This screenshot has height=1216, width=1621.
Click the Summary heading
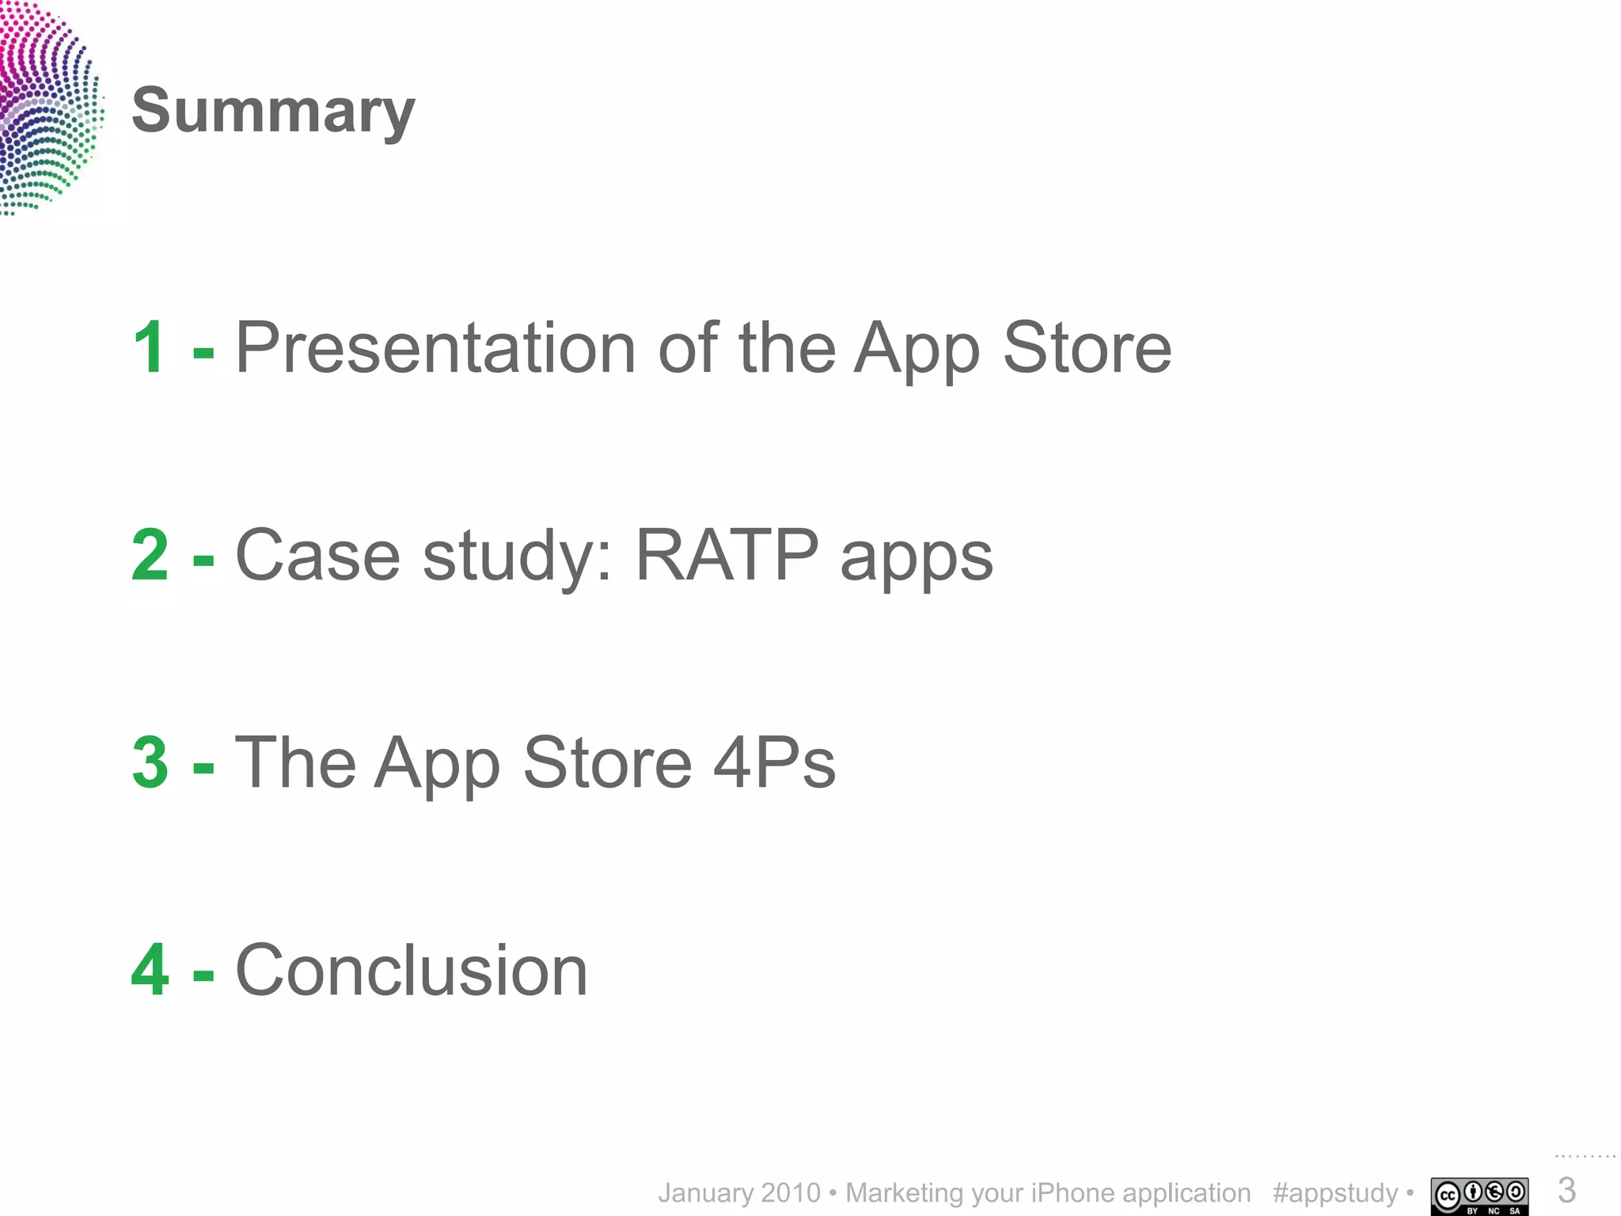coord(273,111)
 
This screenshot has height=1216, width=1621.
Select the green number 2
coord(150,555)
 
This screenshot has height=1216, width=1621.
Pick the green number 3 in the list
coord(150,762)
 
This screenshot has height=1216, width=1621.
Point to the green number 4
coord(150,970)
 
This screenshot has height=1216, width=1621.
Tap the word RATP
coord(726,555)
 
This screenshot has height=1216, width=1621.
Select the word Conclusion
coord(412,970)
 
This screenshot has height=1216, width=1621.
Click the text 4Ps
coord(774,762)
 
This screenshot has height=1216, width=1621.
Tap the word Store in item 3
coord(607,762)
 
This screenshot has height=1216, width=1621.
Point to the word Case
coord(317,555)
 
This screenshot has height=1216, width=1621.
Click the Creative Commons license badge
coord(1479,1195)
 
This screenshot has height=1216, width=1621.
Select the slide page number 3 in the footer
coord(1566,1191)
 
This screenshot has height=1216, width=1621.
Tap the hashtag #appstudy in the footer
coord(1335,1193)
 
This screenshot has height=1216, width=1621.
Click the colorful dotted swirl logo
coord(47,107)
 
